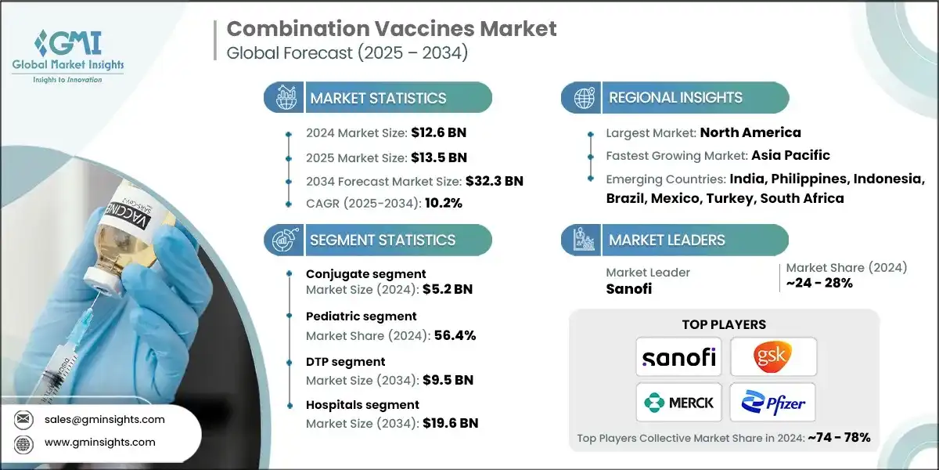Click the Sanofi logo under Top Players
pos(679,357)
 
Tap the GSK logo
pos(773,357)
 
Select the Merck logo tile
pos(679,402)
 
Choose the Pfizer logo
pos(773,402)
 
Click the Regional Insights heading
pos(675,98)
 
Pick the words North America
pos(750,132)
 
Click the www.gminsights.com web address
pos(100,442)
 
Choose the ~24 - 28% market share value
pos(819,283)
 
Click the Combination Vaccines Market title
pos(391,30)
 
